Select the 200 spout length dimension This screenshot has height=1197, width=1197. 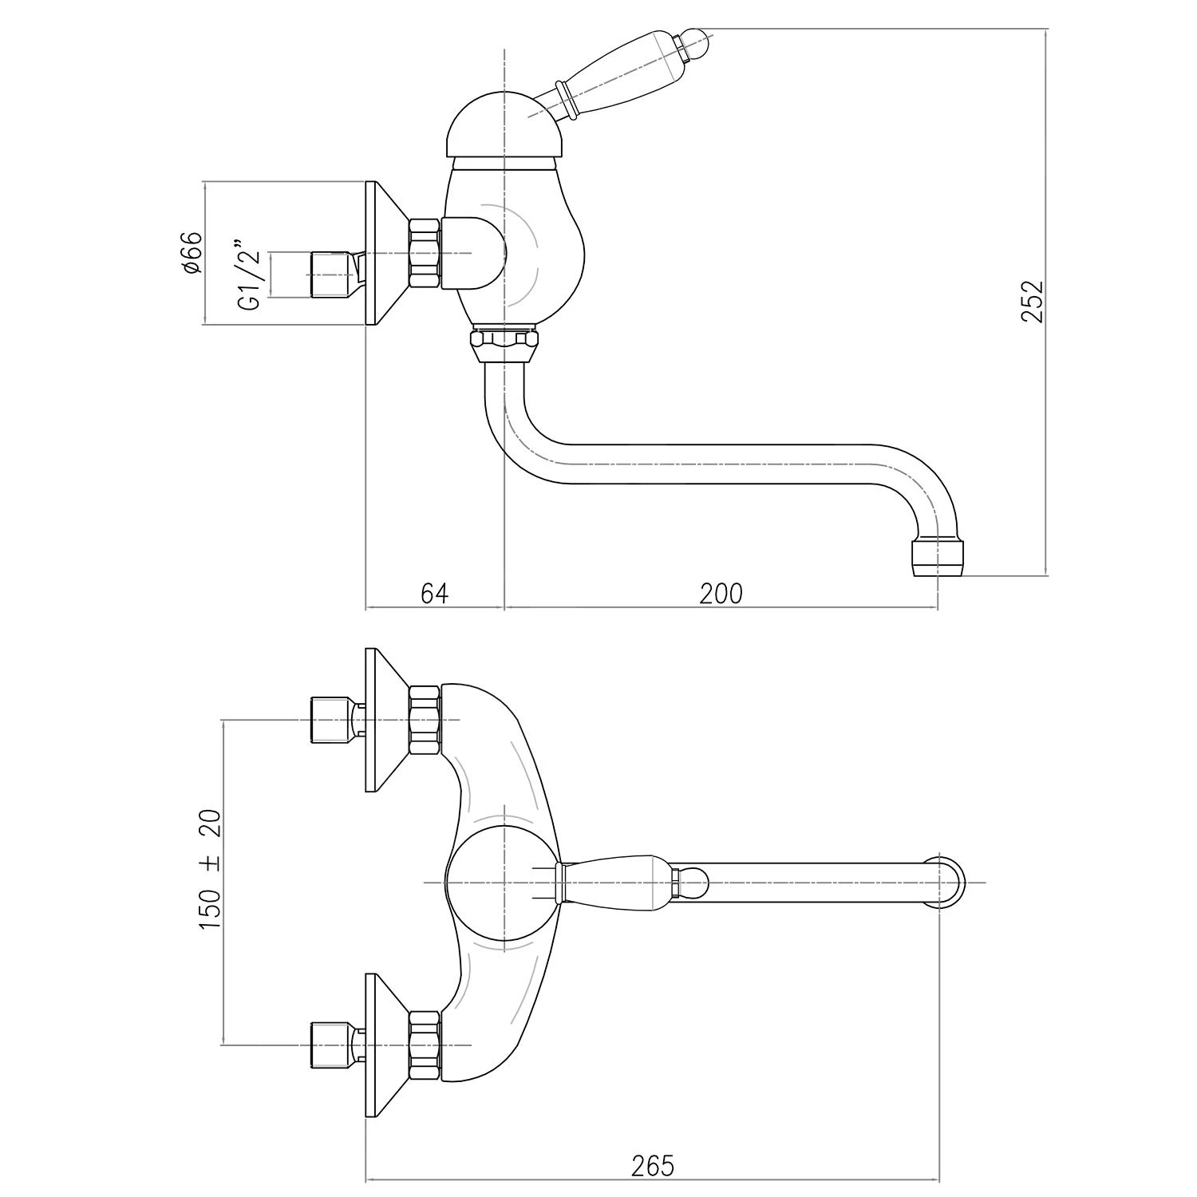point(721,594)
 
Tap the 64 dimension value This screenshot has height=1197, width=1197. point(435,594)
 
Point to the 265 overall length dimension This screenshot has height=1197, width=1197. point(652,1166)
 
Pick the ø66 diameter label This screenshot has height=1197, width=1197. point(192,254)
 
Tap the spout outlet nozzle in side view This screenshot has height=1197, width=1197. point(937,557)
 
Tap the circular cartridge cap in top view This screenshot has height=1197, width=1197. point(504,882)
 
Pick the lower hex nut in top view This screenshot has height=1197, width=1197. point(425,1045)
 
